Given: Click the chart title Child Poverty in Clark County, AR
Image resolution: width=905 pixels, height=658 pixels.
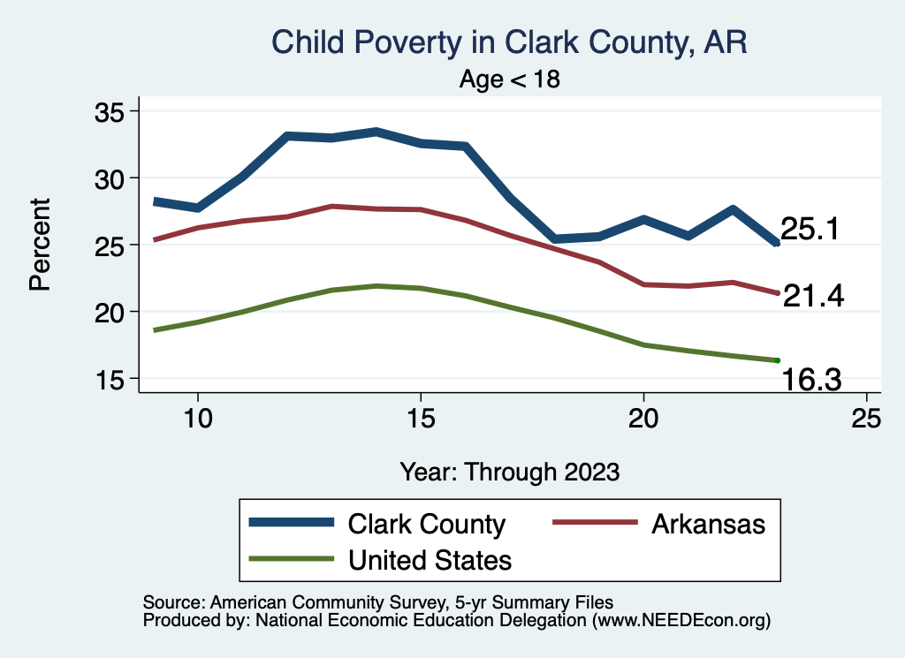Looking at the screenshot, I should [509, 43].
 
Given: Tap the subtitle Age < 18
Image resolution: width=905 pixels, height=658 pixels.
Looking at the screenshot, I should [510, 79].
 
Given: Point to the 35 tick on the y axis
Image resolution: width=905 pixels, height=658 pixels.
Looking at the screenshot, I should [112, 111].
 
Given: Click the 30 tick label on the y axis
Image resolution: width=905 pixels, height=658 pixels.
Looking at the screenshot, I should [112, 178].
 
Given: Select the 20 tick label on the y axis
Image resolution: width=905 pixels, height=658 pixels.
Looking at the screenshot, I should [112, 312].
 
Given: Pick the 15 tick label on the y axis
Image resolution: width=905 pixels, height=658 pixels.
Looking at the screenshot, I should [112, 379].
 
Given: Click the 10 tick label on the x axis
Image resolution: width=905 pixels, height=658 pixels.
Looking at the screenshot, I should [197, 419].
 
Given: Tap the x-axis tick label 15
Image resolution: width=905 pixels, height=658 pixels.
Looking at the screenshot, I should [420, 419].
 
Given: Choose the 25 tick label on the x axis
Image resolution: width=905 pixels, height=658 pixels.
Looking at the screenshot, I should [866, 419].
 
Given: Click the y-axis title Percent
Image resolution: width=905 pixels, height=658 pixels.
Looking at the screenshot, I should [39, 245].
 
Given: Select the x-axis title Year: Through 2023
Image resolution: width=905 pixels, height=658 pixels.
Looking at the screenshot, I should [509, 471].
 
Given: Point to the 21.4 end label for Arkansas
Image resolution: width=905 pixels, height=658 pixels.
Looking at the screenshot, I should [813, 297].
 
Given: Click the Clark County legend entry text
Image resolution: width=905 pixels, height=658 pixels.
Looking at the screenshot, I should [426, 524].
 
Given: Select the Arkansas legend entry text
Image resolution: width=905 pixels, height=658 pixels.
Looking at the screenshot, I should [708, 524].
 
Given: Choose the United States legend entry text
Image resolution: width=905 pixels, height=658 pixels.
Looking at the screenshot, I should [430, 559].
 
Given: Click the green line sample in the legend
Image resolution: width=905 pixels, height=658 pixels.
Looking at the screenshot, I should [293, 559].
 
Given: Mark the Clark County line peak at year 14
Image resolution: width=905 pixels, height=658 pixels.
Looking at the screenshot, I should [376, 132].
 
